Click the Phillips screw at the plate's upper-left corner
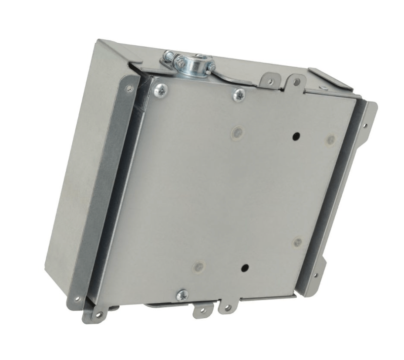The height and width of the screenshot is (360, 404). [x=161, y=91]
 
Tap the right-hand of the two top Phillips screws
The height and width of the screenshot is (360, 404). [x=239, y=95]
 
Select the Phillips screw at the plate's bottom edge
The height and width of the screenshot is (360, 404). [x=182, y=295]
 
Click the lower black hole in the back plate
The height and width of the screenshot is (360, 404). [x=245, y=267]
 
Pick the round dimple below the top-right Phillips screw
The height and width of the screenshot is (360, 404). [x=237, y=131]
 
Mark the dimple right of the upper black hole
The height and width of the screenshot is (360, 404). [x=331, y=140]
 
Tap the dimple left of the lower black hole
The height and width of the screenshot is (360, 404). [x=199, y=266]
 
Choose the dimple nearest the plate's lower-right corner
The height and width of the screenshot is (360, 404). [x=297, y=242]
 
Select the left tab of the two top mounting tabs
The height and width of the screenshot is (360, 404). [x=269, y=81]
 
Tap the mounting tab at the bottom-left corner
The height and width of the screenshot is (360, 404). [x=97, y=313]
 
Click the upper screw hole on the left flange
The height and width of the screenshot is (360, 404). [x=129, y=88]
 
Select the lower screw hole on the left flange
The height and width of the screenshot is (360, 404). [x=77, y=299]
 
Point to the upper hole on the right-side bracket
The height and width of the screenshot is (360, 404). [x=365, y=126]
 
